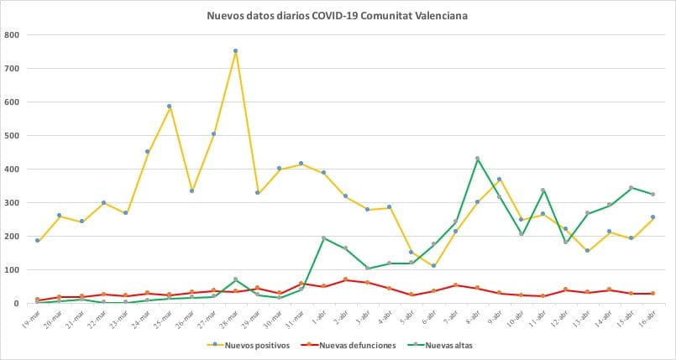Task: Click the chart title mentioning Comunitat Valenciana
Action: click(x=338, y=14)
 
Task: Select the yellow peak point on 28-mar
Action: click(x=235, y=51)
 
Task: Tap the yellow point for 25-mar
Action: click(x=169, y=107)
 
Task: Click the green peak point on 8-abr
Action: click(x=477, y=159)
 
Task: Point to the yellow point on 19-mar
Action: click(x=37, y=241)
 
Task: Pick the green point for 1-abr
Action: click(x=323, y=238)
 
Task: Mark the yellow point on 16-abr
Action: click(x=652, y=217)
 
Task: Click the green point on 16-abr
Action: click(x=652, y=195)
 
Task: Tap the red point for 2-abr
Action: click(x=345, y=279)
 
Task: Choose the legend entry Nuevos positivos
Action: click(x=249, y=345)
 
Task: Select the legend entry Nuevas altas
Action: click(x=446, y=345)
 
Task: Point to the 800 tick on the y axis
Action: click(x=13, y=35)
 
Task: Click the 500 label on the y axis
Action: click(x=13, y=136)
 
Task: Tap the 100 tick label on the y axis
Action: click(x=13, y=270)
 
